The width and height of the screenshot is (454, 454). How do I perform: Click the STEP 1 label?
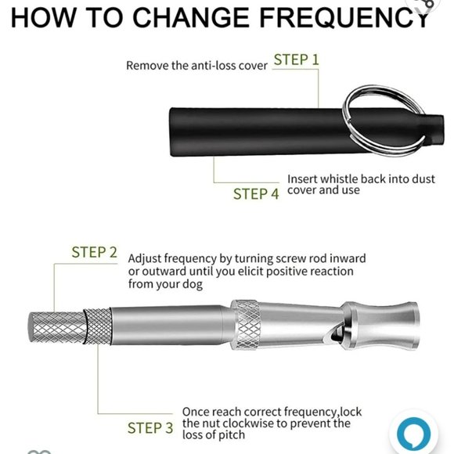point(296,59)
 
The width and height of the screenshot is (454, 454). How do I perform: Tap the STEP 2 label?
point(94,252)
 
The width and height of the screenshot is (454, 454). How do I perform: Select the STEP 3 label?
point(150,428)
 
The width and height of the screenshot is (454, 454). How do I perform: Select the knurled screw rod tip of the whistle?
point(55,326)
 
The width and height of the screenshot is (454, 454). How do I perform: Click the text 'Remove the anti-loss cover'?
point(196,66)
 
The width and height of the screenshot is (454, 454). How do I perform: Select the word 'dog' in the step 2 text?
point(193,286)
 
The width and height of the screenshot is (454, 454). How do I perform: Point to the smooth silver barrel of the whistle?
point(168,326)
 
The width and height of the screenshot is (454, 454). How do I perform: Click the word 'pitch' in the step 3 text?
point(228,436)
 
